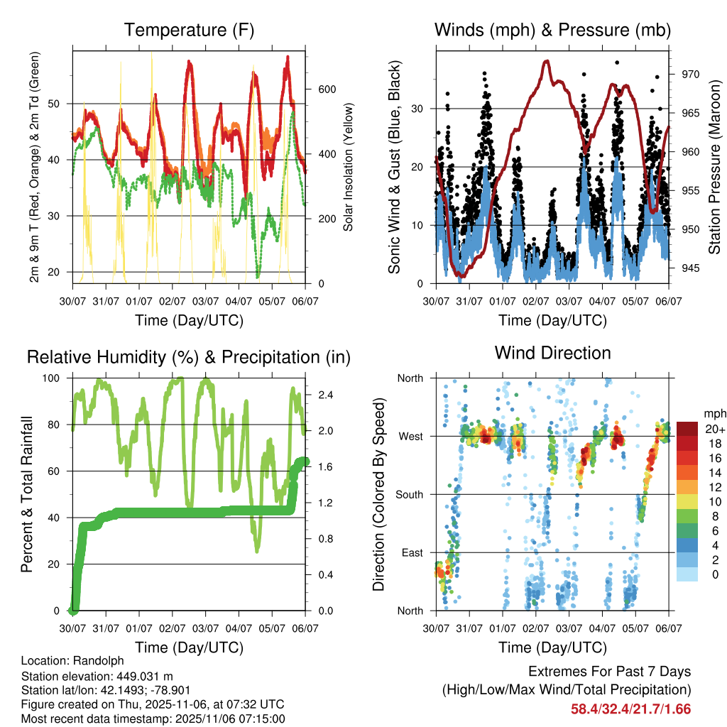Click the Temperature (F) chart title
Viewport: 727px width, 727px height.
point(189,30)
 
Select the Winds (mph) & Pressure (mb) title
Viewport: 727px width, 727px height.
point(553,30)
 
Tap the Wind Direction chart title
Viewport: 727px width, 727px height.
point(553,353)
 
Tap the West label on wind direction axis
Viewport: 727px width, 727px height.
point(411,436)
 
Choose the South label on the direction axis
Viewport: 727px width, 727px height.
point(410,494)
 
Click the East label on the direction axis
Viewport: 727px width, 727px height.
point(412,552)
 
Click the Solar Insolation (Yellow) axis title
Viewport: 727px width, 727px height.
point(348,168)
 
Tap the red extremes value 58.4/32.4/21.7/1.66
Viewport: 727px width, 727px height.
point(630,709)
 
